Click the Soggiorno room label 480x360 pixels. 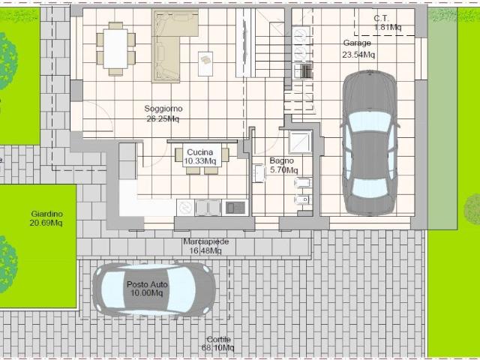(163, 113)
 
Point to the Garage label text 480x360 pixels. (357, 43)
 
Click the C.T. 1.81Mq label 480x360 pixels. (387, 23)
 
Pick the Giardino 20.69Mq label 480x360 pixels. (46, 218)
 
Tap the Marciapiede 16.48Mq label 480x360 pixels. (205, 246)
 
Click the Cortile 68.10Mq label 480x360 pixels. (218, 343)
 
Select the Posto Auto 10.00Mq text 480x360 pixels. (147, 289)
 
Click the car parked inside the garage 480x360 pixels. (369, 142)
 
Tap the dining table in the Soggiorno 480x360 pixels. (115, 49)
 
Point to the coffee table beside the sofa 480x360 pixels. (205, 64)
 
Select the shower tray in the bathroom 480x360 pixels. (301, 142)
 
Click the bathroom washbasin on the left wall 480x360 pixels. (259, 173)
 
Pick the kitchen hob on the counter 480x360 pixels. (235, 208)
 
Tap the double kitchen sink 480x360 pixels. (208, 208)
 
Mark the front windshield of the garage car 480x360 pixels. (370, 122)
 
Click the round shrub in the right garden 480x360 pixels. (472, 209)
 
